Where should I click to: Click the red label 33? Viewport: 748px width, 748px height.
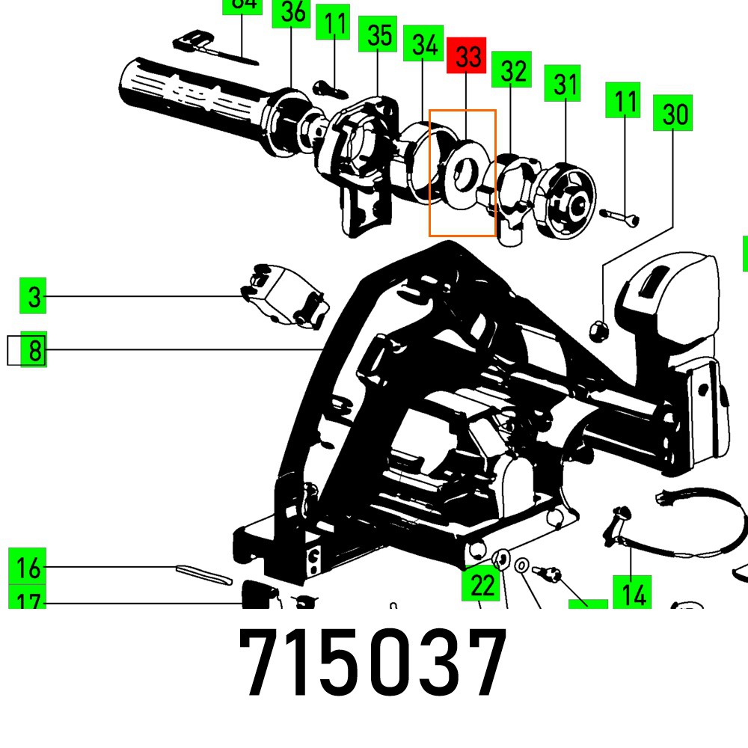pos(466,56)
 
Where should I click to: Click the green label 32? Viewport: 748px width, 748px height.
pos(512,70)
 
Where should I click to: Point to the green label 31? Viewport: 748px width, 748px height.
pos(565,85)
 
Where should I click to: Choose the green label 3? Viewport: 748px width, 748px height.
pos(34,296)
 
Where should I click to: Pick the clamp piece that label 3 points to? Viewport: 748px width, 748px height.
pos(284,295)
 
